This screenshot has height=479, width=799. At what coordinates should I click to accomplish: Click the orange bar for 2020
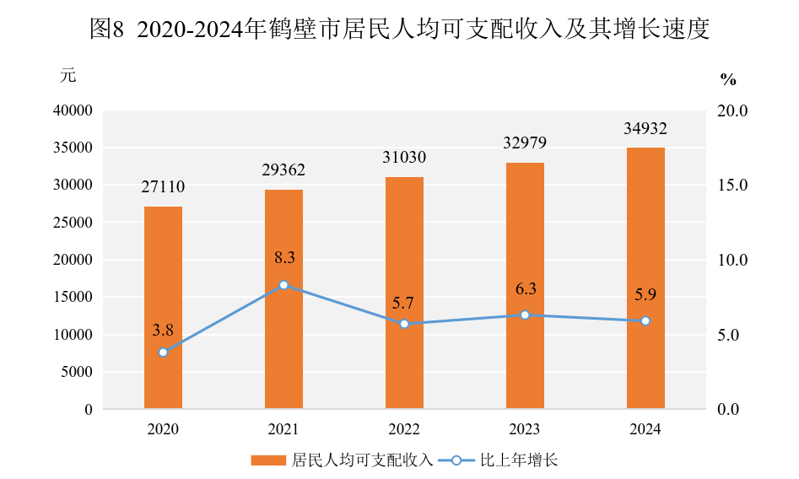163,308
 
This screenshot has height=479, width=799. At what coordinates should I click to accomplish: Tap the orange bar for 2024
645,278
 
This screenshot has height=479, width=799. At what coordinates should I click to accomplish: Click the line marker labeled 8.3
283,285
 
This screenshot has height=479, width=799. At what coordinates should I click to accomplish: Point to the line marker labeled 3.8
163,352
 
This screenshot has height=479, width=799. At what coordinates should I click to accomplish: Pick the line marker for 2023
525,315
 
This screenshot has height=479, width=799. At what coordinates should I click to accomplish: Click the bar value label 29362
283,170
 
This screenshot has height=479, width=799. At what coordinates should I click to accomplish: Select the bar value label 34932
645,129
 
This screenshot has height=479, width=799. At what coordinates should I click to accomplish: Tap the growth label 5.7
404,303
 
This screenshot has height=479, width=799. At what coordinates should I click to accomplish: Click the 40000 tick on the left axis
75,110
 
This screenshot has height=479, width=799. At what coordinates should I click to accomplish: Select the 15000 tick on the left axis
75,297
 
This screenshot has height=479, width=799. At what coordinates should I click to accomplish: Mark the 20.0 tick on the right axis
732,110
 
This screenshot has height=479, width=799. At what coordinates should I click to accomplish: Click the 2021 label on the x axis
283,429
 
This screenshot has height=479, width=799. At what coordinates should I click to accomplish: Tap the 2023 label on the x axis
525,429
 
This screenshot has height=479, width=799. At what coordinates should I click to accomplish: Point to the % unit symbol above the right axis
728,80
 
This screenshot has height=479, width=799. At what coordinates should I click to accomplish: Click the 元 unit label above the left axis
67,76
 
